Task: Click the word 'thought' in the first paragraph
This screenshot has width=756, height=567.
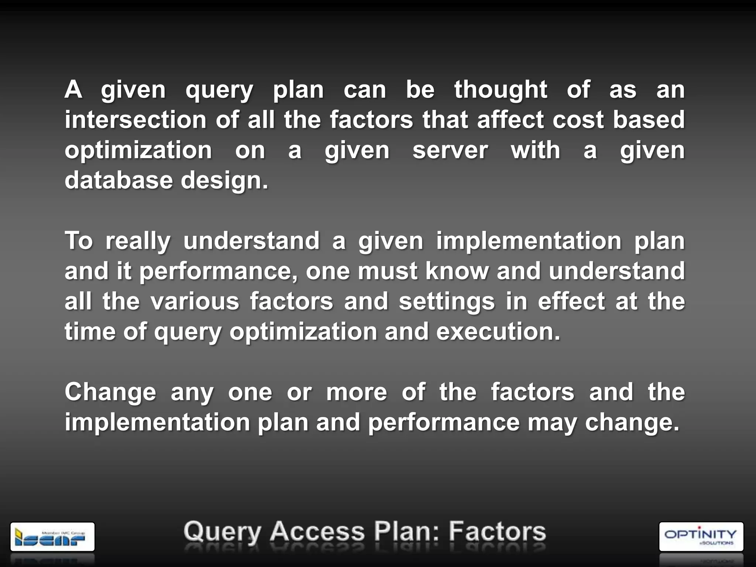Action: point(501,90)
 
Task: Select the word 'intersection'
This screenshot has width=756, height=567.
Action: point(135,120)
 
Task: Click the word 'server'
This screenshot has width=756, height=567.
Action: point(450,151)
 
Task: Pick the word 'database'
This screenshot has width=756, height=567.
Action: point(118,181)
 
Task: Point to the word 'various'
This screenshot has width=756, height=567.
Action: point(195,302)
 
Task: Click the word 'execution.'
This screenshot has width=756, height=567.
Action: point(498,332)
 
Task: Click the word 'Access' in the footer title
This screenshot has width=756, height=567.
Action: point(317,532)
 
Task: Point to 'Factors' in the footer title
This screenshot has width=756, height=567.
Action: point(497,532)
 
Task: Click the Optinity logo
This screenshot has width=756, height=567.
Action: point(701,536)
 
